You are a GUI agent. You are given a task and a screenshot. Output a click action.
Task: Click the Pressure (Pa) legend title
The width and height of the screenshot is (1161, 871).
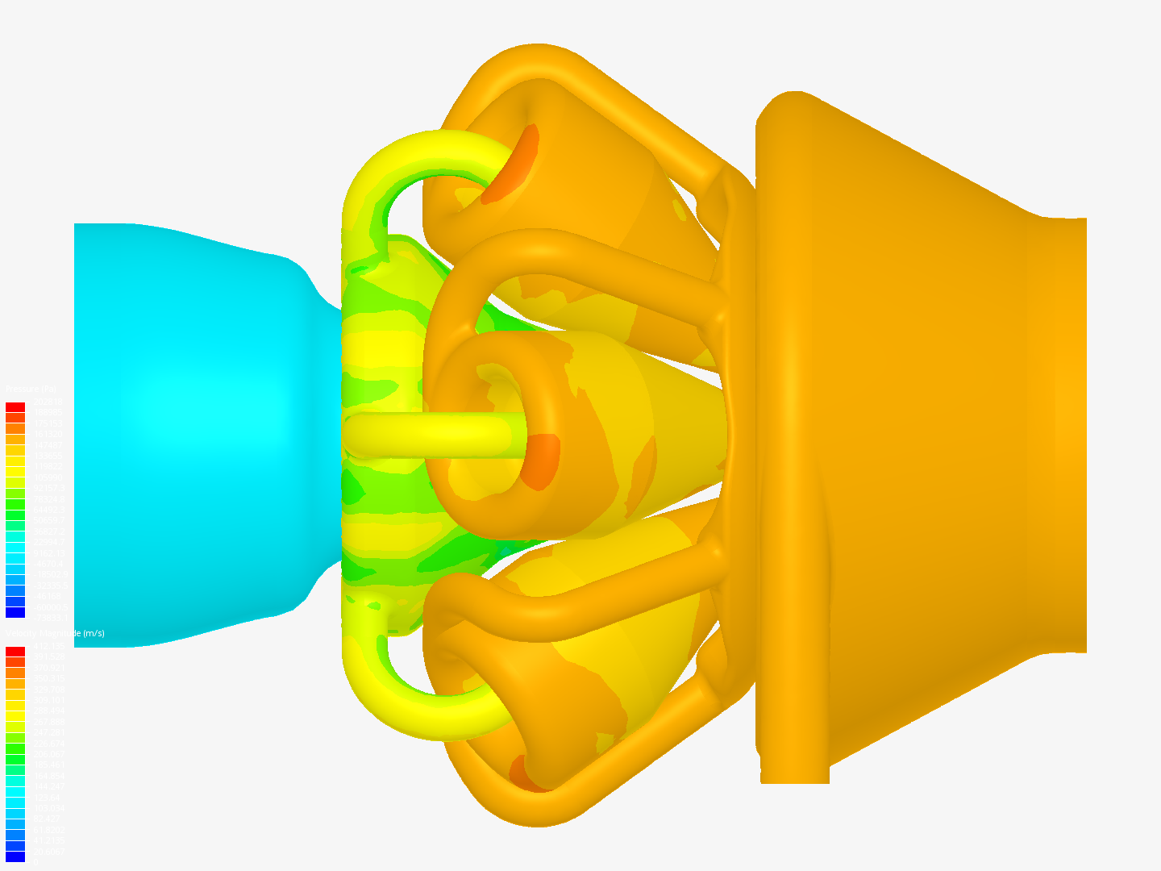(31, 390)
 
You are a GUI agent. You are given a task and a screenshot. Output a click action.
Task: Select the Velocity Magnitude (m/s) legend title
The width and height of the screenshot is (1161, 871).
(55, 633)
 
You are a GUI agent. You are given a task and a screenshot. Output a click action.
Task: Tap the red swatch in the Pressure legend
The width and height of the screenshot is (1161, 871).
(15, 407)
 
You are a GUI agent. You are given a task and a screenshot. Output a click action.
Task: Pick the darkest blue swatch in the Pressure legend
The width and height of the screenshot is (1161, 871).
(15, 613)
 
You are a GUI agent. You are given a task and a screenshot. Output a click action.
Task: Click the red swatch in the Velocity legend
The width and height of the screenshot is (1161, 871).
(15, 652)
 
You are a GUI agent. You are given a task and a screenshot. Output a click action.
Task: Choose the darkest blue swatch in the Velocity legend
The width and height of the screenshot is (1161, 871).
(15, 856)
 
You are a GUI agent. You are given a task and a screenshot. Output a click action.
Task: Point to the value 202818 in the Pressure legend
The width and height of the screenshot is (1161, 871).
(47, 402)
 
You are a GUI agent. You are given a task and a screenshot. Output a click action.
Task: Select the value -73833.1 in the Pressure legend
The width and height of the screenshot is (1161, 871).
(48, 618)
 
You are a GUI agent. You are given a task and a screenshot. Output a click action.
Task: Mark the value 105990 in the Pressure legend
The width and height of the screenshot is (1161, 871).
(47, 477)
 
